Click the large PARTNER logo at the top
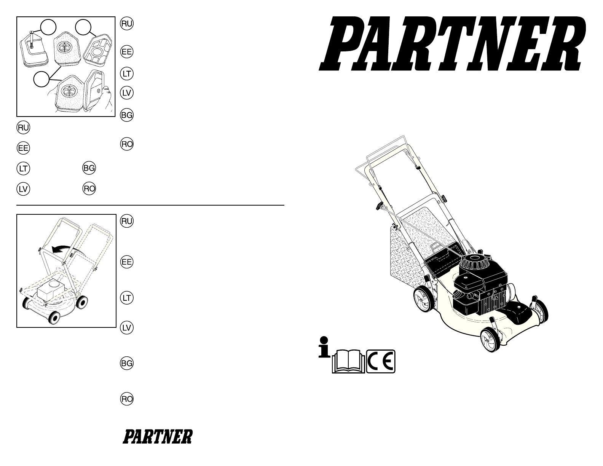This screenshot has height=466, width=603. tap(452, 43)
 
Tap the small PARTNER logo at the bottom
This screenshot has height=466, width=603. tap(158, 437)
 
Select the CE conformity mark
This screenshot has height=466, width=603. tap(381, 361)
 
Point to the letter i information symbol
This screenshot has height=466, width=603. tap(324, 347)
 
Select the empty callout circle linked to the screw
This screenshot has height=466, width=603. tap(48, 27)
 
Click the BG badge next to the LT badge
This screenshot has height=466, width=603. tap(89, 168)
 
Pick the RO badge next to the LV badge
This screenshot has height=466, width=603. tap(89, 189)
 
